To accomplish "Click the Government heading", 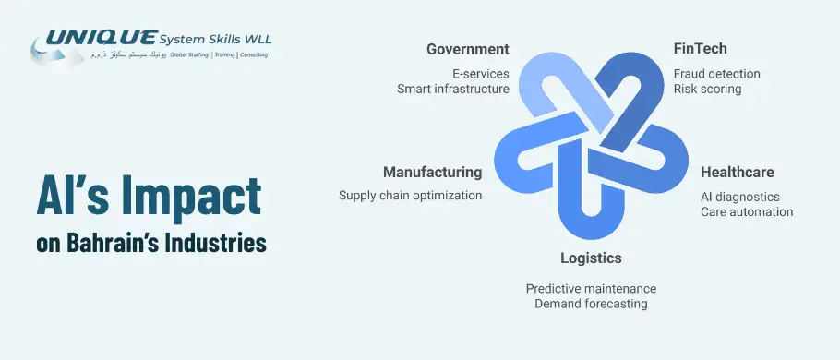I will pos(467,49).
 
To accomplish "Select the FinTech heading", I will pos(701,49).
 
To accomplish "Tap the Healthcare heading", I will pos(737,173).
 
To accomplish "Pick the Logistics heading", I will pos(591,258).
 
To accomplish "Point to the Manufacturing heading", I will pos(432,173).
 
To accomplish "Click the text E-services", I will pos(480,73).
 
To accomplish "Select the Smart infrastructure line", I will pos(452,89).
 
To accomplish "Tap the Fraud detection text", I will pos(716,74).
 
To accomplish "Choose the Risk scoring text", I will pos(707,90).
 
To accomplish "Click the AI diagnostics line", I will pos(739,197).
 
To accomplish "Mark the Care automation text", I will pos(747,211).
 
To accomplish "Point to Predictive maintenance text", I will pos(591,289).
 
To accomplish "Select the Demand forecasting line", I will pos(591,304).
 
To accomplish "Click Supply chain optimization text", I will pos(410,196).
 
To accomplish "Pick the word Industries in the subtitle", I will pos(220,243).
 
